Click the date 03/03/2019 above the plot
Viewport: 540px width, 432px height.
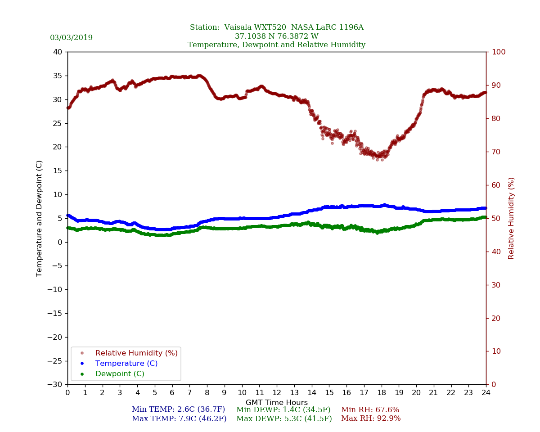pos(71,38)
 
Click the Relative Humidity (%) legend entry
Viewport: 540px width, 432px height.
pos(136,353)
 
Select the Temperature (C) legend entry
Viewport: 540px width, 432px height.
pos(126,364)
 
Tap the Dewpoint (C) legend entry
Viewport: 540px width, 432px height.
pos(120,374)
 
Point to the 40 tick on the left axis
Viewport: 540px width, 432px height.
pos(58,52)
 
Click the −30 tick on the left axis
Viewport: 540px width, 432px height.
pos(56,385)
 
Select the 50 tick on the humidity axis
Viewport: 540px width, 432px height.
pos(495,218)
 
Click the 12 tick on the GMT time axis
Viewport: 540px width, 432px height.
pos(277,393)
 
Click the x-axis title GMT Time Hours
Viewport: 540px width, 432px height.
pos(277,403)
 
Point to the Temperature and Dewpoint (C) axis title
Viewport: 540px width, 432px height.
pos(40,218)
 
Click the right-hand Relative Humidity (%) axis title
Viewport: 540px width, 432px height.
pos(511,218)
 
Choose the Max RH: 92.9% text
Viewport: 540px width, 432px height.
pos(371,419)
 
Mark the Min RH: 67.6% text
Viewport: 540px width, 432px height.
pos(370,410)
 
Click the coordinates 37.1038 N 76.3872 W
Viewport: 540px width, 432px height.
pos(276,36)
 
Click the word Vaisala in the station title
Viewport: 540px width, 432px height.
pos(241,27)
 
